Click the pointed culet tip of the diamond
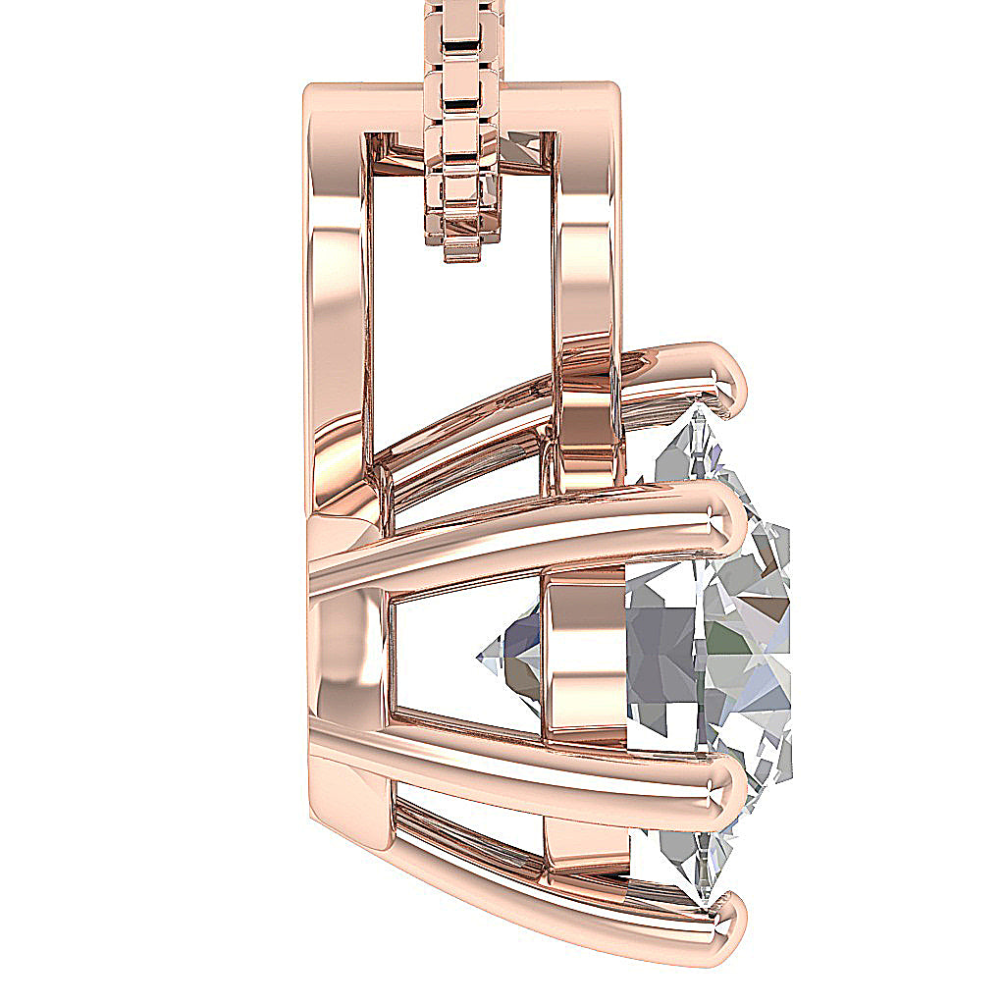(481, 656)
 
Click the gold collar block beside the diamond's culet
(584, 658)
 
